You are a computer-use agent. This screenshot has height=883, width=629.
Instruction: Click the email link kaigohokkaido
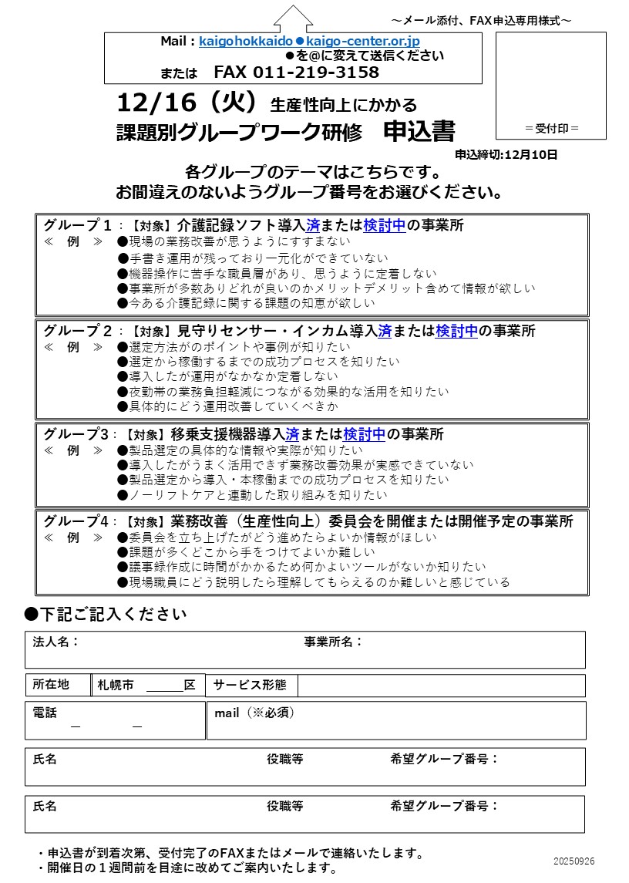[x=245, y=41]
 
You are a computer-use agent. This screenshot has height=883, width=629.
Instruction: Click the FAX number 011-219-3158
[x=296, y=72]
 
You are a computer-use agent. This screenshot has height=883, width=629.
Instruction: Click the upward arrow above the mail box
[x=294, y=18]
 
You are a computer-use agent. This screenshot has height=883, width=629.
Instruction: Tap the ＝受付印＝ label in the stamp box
[x=551, y=128]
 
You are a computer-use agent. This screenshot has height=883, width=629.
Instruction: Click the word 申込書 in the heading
[x=419, y=131]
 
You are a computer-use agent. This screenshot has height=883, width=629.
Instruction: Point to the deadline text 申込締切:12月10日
[x=506, y=154]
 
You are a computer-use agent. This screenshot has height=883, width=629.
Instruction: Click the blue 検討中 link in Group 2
[x=456, y=331]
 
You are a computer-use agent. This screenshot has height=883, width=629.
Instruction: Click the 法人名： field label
[x=55, y=642]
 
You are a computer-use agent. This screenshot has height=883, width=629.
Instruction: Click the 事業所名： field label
[x=333, y=642]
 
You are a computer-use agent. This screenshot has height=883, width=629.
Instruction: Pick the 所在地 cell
[x=51, y=685]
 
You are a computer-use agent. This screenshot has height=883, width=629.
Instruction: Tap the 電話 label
[x=45, y=713]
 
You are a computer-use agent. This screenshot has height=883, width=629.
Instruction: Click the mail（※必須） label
[x=254, y=713]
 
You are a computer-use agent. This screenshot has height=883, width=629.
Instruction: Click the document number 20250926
[x=573, y=861]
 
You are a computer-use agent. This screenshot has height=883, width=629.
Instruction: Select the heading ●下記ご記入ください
[x=105, y=614]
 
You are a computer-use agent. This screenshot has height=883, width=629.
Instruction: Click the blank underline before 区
[x=163, y=686]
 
